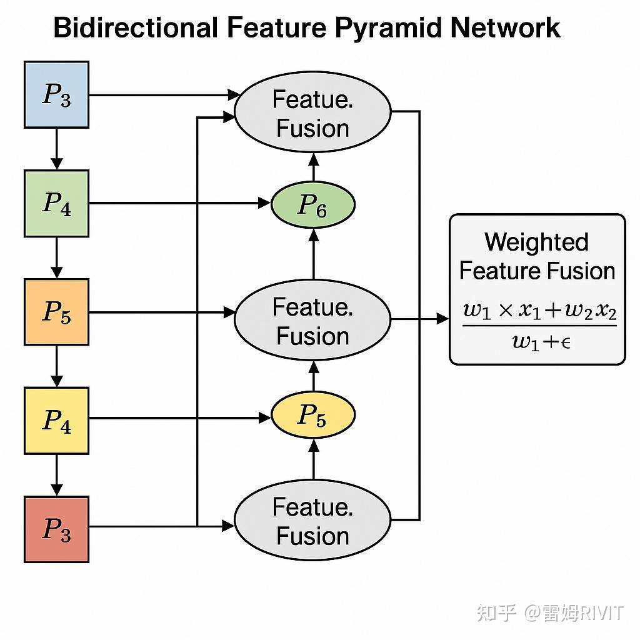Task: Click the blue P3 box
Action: pos(56,95)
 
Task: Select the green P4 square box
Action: pos(56,203)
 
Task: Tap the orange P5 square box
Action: pos(56,312)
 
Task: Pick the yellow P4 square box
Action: pos(56,421)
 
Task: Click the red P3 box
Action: pos(56,529)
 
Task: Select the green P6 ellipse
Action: pos(313,204)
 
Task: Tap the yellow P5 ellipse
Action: pos(313,415)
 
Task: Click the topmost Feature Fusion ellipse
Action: pos(312,112)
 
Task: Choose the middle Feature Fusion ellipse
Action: pos(312,319)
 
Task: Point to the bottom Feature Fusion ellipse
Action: pos(312,520)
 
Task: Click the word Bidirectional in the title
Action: pos(136,27)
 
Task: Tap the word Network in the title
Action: pos(505,27)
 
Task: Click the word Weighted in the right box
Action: pos(537,242)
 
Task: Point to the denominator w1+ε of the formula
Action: pos(541,342)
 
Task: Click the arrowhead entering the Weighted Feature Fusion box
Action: pos(443,319)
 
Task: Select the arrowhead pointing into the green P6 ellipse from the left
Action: pos(264,203)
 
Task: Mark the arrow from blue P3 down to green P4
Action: pos(56,149)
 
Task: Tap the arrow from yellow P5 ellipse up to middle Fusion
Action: pos(314,376)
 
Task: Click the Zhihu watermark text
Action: pos(550,613)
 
